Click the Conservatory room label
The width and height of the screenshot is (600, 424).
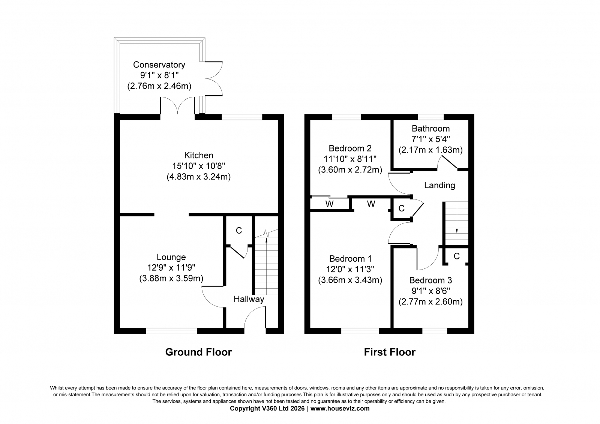coord(159,65)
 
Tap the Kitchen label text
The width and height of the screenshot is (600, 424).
coord(199,155)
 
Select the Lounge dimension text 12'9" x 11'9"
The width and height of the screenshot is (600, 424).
coord(171,268)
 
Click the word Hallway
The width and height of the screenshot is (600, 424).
coord(249,299)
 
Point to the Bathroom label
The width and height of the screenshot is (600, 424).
coord(431,129)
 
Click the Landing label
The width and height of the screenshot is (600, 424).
coord(439,185)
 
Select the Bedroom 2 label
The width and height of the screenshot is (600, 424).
coord(350,148)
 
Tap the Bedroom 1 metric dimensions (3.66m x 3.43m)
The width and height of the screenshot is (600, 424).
coord(350,280)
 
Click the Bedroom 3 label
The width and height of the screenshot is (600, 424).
coord(430,280)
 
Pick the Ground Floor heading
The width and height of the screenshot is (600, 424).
coord(198,352)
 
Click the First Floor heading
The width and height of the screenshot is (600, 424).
coord(390,352)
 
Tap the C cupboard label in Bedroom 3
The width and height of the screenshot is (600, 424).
coord(457,256)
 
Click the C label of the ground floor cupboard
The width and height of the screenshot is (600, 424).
coord(238,230)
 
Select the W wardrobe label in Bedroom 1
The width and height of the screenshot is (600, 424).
coord(371,204)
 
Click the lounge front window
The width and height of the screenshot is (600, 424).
coord(171,331)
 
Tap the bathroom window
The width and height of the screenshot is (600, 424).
coord(431,117)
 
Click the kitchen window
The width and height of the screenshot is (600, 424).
coord(242,117)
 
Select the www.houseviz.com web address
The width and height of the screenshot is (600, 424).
coord(340,409)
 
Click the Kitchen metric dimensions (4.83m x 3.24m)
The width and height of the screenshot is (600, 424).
coord(199,177)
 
